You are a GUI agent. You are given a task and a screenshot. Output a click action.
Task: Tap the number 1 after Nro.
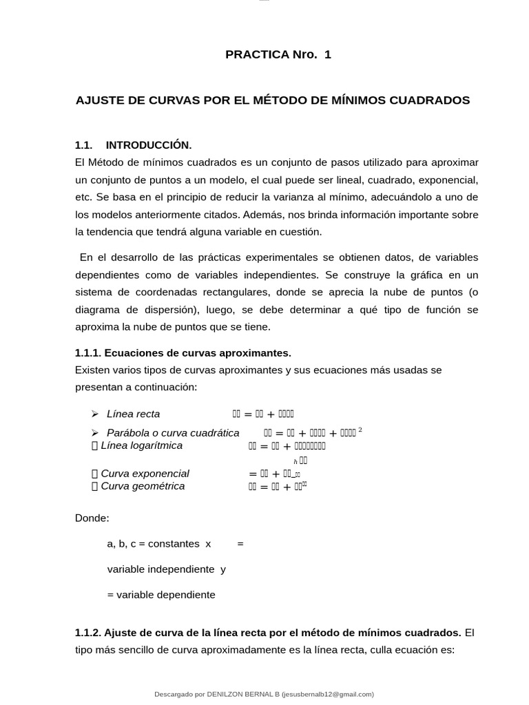tap(327, 55)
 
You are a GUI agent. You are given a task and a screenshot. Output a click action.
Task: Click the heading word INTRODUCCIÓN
tap(149, 145)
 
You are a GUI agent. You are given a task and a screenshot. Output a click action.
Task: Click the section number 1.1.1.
tap(88, 353)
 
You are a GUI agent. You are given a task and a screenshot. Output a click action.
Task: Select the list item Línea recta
tap(133, 414)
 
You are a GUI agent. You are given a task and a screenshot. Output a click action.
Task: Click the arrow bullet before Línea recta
tap(95, 414)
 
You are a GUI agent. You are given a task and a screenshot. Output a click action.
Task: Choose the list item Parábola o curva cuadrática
tap(173, 433)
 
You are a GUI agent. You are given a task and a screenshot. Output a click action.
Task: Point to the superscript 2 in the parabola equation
tap(360, 430)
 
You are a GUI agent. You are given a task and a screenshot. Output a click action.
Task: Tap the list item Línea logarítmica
tap(141, 445)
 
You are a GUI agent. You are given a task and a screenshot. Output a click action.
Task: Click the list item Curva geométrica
tap(143, 486)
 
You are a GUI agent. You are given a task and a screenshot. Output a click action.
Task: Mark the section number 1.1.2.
tap(88, 633)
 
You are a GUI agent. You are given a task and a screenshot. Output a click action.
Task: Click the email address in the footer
tap(327, 695)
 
